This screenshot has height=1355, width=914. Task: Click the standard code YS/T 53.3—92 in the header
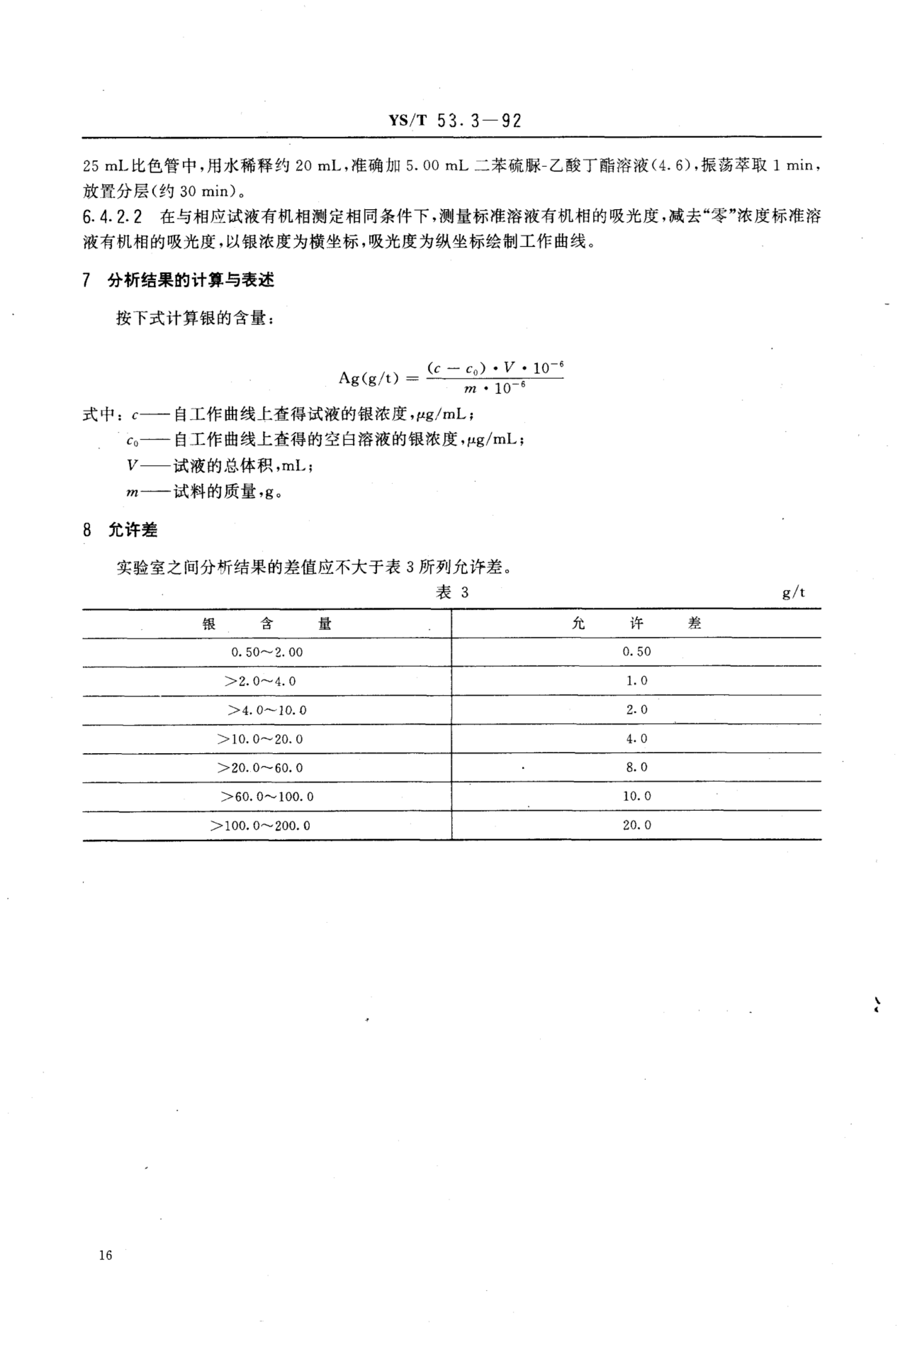click(x=455, y=121)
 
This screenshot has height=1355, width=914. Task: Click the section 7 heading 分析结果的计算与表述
click(x=191, y=280)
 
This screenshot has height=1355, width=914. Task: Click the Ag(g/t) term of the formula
click(x=369, y=378)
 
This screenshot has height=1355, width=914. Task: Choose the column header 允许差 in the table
click(x=636, y=623)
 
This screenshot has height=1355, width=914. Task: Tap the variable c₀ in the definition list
click(x=132, y=440)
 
